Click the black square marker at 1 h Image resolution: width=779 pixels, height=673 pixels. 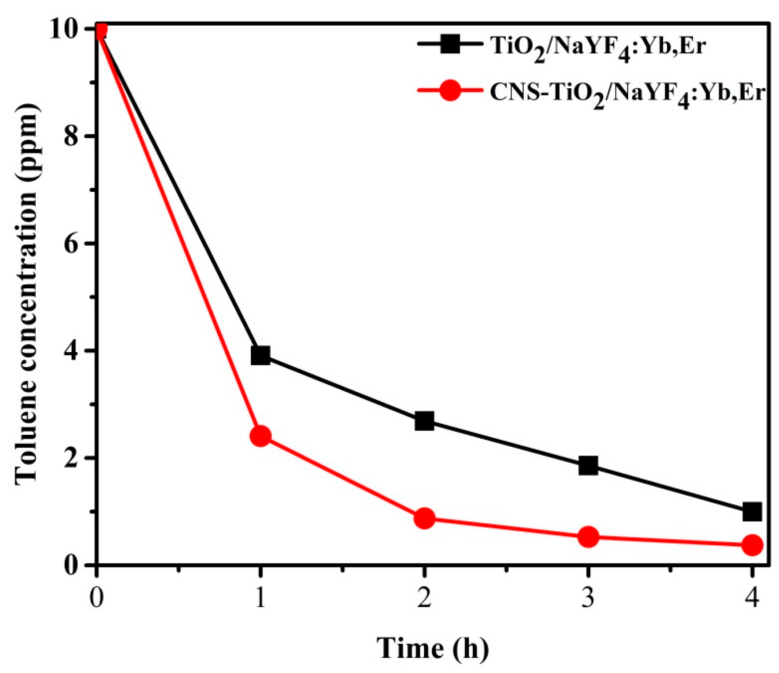[260, 355]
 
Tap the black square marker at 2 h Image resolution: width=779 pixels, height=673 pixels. [424, 421]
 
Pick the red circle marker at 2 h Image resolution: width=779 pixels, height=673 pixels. [424, 519]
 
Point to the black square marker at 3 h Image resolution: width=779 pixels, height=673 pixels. [588, 466]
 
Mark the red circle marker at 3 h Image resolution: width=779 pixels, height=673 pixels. [588, 537]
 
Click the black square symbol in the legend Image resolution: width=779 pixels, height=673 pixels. [450, 44]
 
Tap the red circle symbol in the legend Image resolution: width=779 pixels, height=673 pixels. [450, 91]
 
